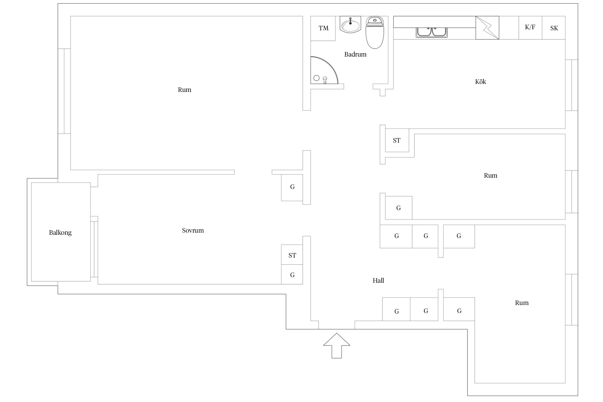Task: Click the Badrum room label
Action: tap(355, 54)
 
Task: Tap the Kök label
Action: tap(480, 82)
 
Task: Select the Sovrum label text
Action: tap(193, 230)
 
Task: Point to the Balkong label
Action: tap(60, 233)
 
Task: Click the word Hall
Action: tap(378, 281)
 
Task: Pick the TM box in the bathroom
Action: tap(323, 28)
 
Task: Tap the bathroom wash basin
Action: tap(350, 25)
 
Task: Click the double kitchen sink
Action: tap(431, 32)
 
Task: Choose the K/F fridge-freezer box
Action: tap(530, 28)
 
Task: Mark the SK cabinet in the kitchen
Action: tap(554, 28)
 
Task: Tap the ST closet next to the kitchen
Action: tap(397, 140)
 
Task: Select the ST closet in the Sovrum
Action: tap(292, 255)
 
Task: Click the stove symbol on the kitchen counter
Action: tap(487, 28)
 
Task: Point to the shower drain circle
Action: tap(317, 78)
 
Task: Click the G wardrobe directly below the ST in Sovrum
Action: tap(292, 275)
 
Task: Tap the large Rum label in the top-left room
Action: tap(184, 90)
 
